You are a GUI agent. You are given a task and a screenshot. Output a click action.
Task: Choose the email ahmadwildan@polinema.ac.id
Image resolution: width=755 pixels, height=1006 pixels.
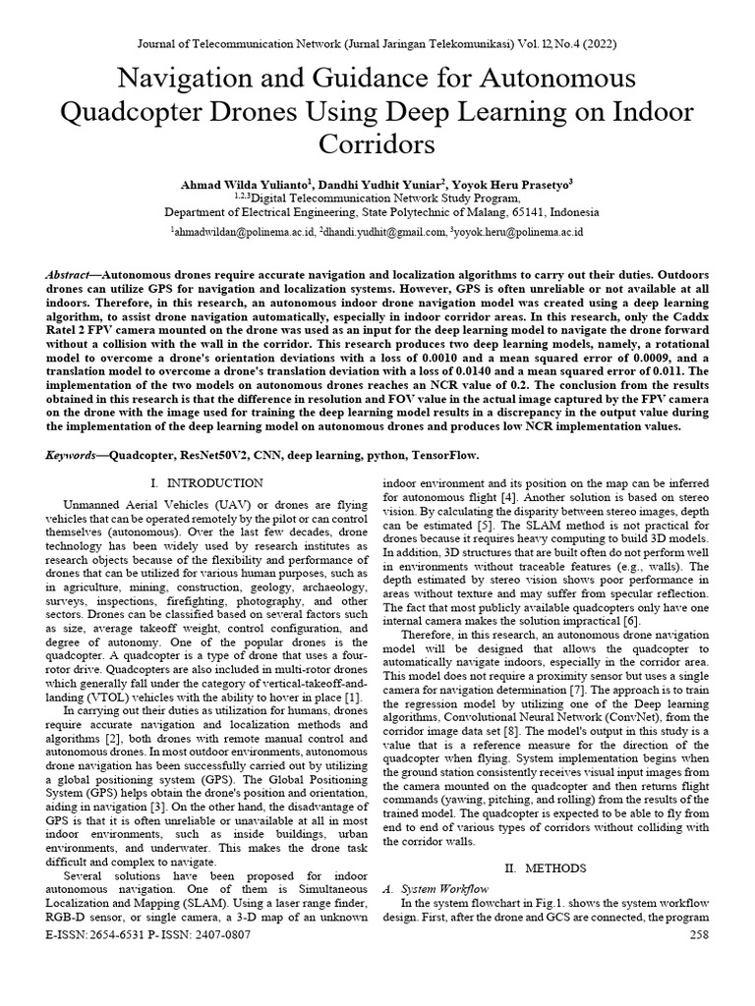pyautogui.click(x=244, y=233)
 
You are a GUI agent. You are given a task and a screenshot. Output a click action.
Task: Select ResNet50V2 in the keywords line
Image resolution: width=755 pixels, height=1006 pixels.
pyautogui.click(x=223, y=457)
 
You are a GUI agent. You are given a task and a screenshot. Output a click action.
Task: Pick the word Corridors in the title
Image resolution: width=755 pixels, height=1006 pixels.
pyautogui.click(x=377, y=144)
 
